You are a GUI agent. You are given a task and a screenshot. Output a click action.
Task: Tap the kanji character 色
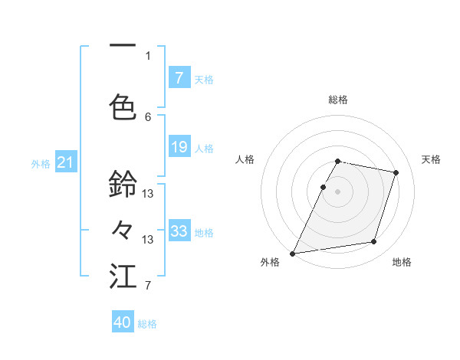pyautogui.click(x=123, y=106)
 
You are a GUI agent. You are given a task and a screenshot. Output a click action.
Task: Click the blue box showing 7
pyautogui.click(x=179, y=77)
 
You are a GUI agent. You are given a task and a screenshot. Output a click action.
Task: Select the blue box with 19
pyautogui.click(x=179, y=146)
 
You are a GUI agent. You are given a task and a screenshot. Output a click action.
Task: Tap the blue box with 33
pyautogui.click(x=179, y=231)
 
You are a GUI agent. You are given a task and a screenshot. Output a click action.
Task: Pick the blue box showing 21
pyautogui.click(x=65, y=162)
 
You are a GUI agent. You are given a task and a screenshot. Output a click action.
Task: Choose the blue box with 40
pyautogui.click(x=123, y=322)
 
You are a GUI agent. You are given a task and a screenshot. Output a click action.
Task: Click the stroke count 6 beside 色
pyautogui.click(x=148, y=116)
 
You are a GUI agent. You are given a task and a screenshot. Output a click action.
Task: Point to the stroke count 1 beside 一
pyautogui.click(x=148, y=55)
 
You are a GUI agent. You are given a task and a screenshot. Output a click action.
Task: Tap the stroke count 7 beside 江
pyautogui.click(x=148, y=286)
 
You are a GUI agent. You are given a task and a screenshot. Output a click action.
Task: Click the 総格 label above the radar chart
pyautogui.click(x=338, y=100)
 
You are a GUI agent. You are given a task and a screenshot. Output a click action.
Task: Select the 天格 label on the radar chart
pyautogui.click(x=432, y=159)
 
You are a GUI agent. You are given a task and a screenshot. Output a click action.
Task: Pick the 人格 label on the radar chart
pyautogui.click(x=245, y=159)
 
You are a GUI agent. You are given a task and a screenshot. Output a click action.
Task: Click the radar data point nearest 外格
pyautogui.click(x=293, y=253)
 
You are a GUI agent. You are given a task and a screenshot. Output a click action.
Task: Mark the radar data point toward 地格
pyautogui.click(x=374, y=242)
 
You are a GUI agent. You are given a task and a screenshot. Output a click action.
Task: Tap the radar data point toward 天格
pyautogui.click(x=396, y=172)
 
